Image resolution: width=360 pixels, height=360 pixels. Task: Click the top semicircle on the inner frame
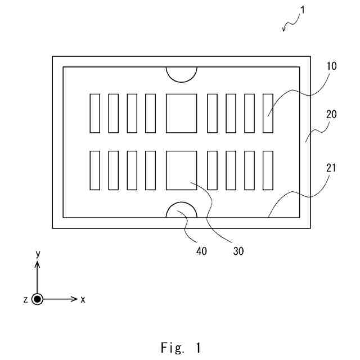[181, 73]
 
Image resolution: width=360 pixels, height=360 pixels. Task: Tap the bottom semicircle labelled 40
[181, 211]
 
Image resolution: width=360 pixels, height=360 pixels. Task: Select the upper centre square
[181, 113]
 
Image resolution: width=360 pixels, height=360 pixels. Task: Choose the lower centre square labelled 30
[181, 170]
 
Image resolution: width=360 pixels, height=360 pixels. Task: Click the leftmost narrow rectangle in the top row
[94, 113]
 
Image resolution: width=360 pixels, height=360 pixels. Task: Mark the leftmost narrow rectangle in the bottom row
[94, 170]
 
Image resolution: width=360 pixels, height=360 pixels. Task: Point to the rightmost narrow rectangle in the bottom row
[268, 170]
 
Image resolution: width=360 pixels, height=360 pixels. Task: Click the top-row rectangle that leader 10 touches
[268, 113]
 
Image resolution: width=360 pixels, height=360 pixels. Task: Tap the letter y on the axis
[38, 254]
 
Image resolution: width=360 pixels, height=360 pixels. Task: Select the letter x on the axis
[83, 299]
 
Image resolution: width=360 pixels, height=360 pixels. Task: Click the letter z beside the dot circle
[26, 299]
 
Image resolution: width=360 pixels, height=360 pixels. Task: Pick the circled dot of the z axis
[38, 299]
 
